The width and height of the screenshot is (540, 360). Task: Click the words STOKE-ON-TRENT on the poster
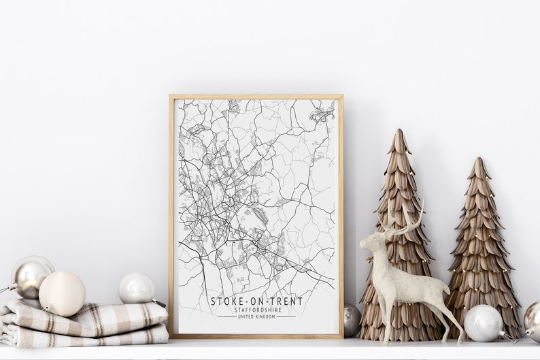(256, 301)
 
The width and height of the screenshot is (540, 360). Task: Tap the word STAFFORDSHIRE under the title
(256, 310)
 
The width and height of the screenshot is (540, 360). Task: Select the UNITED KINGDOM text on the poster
(256, 316)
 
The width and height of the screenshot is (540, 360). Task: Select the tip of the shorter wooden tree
(479, 161)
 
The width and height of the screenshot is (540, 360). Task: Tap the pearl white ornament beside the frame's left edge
(136, 289)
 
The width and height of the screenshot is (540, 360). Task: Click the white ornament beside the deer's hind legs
(482, 323)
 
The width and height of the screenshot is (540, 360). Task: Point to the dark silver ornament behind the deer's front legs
(352, 319)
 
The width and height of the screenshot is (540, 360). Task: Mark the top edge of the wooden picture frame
(256, 97)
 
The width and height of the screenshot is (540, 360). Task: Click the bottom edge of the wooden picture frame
(256, 336)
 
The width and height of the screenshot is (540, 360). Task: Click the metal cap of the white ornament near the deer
(505, 333)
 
